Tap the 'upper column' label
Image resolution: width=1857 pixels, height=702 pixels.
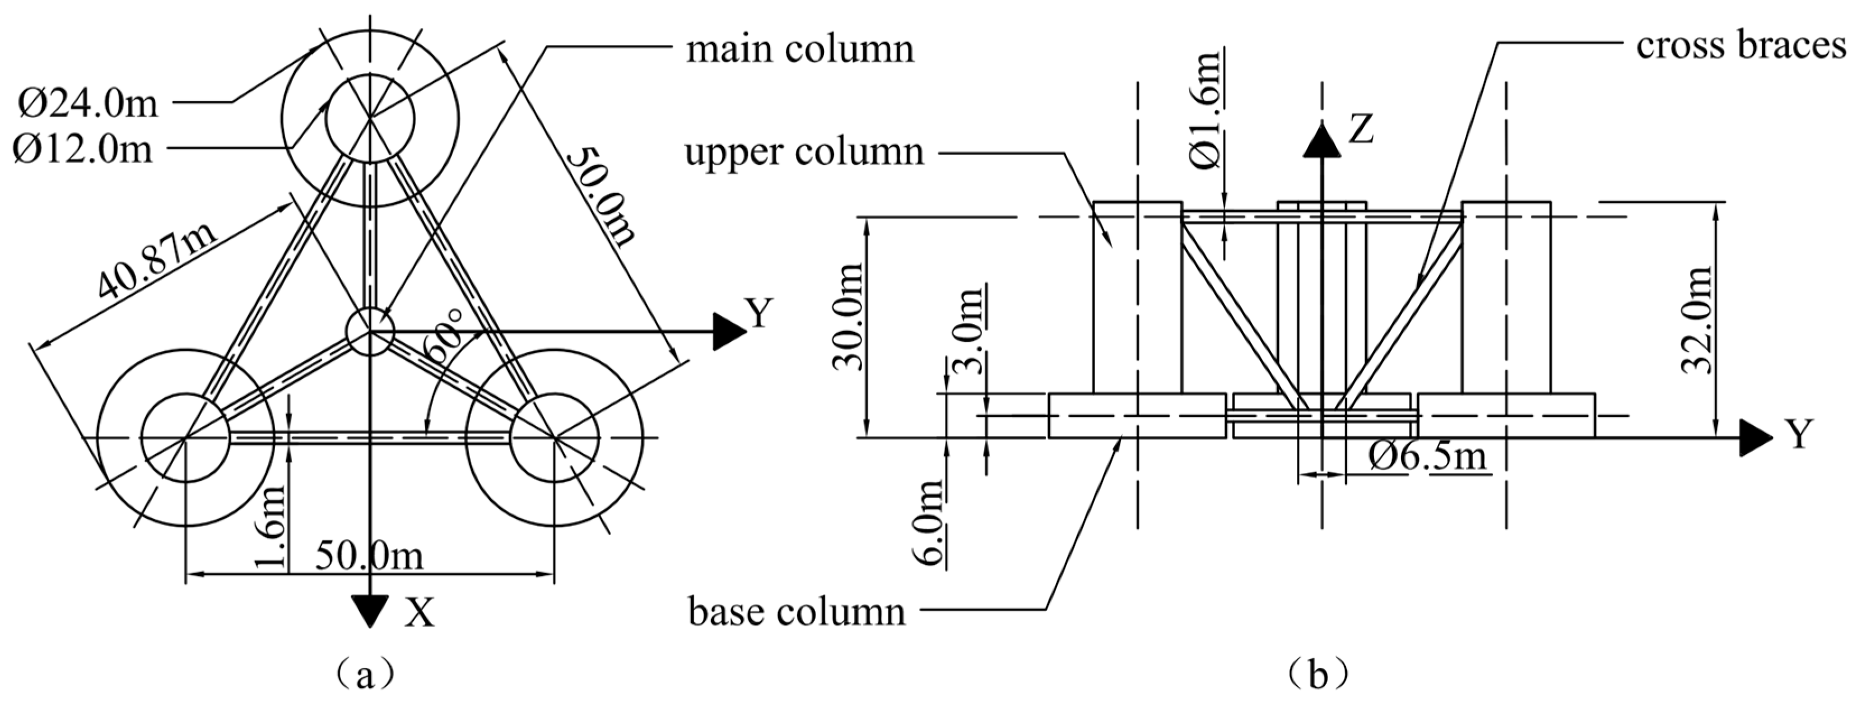click(x=804, y=153)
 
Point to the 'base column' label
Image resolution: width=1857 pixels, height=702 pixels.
click(x=797, y=612)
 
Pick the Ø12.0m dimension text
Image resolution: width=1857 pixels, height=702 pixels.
click(x=83, y=150)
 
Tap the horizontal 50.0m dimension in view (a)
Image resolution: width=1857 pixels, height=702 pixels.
click(x=369, y=557)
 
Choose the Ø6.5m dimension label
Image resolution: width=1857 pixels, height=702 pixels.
click(x=1427, y=456)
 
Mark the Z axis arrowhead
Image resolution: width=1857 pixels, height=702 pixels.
click(x=1321, y=140)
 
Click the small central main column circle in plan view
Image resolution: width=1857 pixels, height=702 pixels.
click(x=370, y=332)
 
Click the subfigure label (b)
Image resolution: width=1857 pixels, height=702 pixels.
click(x=1319, y=675)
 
